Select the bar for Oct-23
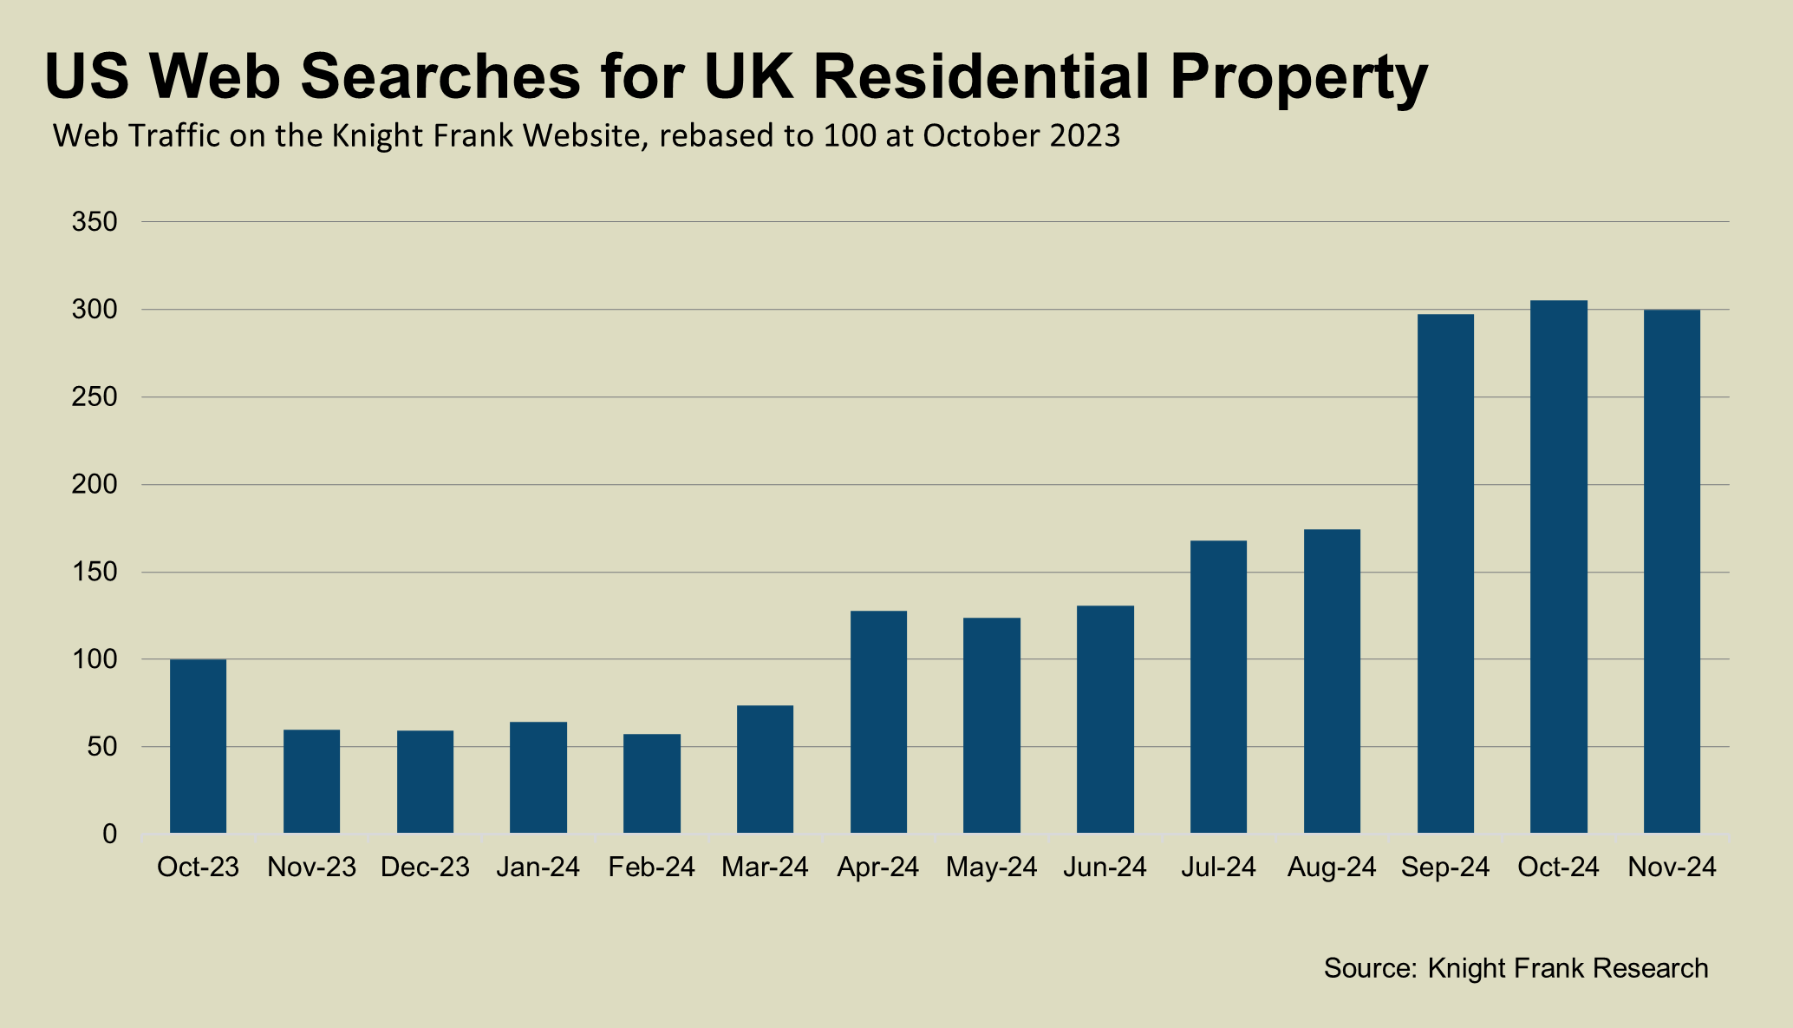(x=198, y=746)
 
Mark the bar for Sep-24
(x=1445, y=573)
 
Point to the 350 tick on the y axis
(x=95, y=222)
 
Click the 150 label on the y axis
(x=95, y=573)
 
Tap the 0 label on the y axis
(x=108, y=835)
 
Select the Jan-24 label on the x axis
(x=538, y=868)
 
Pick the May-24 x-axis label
(x=991, y=868)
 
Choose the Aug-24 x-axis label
(x=1332, y=868)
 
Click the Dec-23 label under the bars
(x=425, y=868)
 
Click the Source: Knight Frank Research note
(x=1516, y=968)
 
